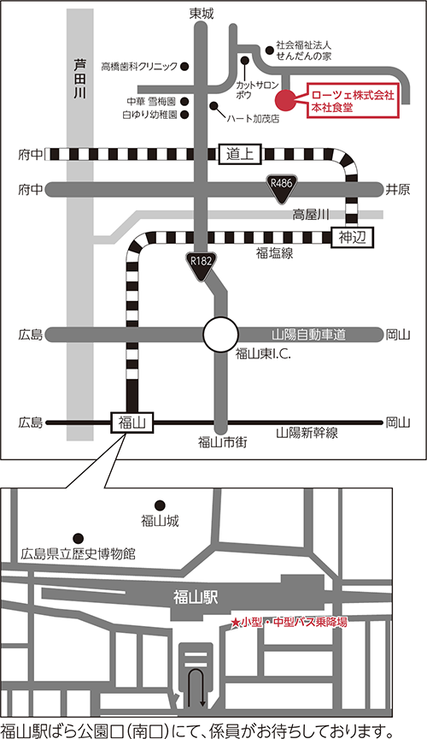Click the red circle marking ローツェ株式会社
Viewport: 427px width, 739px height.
pos(285,99)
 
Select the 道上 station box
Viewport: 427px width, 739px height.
pos(240,154)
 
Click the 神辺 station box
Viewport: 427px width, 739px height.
pos(352,238)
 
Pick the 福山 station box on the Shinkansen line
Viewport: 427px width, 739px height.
pos(132,423)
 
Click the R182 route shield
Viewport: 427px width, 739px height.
pos(202,266)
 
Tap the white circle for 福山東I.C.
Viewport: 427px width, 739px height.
pos(220,334)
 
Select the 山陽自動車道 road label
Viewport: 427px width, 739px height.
pos(308,335)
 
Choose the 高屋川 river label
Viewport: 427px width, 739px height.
pos(311,216)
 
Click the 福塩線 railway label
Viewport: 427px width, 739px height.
pos(274,253)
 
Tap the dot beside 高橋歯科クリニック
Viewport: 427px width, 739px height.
pos(185,67)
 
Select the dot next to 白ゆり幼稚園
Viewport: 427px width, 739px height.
pos(185,114)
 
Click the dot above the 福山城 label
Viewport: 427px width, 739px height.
pos(160,505)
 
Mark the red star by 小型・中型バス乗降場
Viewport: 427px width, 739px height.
pos(235,623)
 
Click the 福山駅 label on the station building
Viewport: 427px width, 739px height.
pos(196,598)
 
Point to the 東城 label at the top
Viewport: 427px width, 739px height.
pos(202,15)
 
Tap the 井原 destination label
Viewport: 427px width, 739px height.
pos(398,190)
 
